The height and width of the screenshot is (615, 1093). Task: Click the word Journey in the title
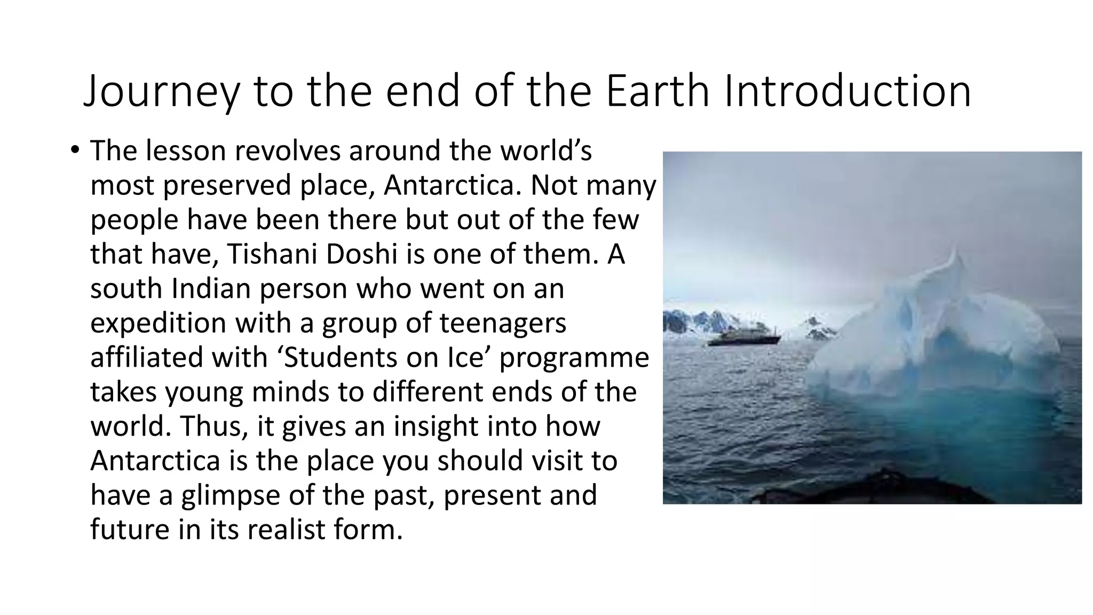point(161,92)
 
